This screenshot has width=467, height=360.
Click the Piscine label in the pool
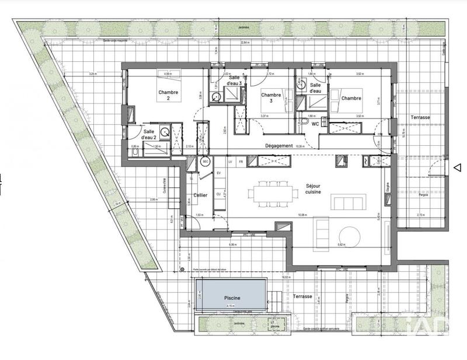click(232, 297)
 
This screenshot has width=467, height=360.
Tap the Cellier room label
click(200, 195)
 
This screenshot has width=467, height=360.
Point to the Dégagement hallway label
click(278, 146)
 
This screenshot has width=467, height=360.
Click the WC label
click(314, 124)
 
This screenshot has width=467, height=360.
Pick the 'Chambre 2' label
click(168, 95)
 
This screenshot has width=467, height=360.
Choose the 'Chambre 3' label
click(271, 97)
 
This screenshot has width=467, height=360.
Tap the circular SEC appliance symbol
click(205, 162)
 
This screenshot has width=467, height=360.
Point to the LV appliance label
click(230, 162)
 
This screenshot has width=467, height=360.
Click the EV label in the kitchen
click(218, 173)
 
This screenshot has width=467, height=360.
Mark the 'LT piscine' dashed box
click(274, 322)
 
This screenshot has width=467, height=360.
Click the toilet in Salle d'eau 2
click(135, 153)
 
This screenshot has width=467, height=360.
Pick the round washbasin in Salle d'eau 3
click(215, 97)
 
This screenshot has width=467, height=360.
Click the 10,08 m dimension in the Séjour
click(302, 214)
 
